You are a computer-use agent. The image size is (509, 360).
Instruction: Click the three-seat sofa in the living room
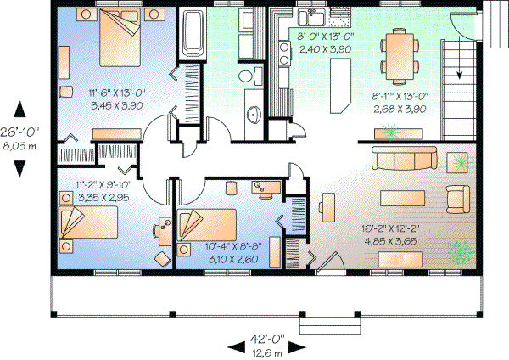tap(404, 159)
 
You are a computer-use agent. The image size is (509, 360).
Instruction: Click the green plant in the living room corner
tap(461, 251)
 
